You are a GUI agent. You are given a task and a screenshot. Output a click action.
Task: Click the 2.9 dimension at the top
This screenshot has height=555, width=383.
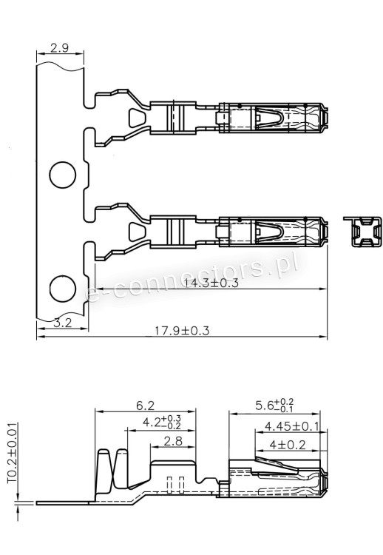click(x=60, y=48)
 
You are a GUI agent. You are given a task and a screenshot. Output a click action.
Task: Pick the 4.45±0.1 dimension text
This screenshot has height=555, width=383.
click(x=291, y=426)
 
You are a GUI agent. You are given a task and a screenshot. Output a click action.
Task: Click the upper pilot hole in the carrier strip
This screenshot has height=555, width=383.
click(x=62, y=176)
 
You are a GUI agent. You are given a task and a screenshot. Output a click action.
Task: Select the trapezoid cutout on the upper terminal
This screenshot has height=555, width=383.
click(x=137, y=118)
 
